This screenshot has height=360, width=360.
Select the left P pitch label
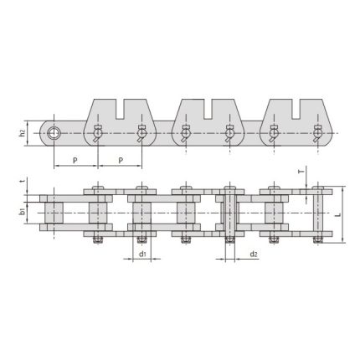click(x=76, y=157)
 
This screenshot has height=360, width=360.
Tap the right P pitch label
click(x=120, y=157)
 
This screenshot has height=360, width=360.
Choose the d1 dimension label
click(x=141, y=254)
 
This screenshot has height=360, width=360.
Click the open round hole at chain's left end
click(x=54, y=133)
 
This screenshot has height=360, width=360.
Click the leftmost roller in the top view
click(x=54, y=213)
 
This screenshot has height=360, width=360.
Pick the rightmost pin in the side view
click(x=317, y=133)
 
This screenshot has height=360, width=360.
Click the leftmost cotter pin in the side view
click(x=98, y=133)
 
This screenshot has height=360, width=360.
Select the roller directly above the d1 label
click(x=141, y=213)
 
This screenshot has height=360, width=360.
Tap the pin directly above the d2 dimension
click(x=229, y=213)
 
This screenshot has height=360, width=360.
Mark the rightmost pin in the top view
click(x=317, y=213)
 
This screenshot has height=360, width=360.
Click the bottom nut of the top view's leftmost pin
click(x=98, y=243)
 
